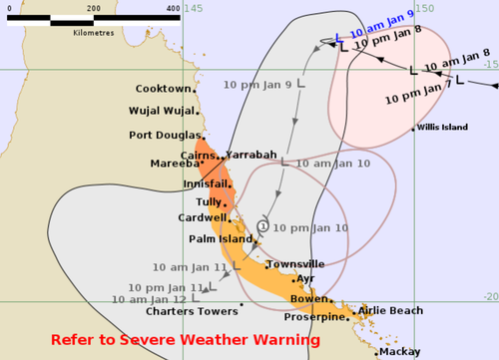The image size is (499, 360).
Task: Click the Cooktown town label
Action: tap(163, 89)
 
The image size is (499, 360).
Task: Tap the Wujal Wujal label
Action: tap(160, 111)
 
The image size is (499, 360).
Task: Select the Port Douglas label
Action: tap(162, 135)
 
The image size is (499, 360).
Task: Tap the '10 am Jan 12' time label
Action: tap(149, 299)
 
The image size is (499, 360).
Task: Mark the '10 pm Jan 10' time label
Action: tap(310, 228)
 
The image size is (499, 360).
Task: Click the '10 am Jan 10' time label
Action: tap(333, 163)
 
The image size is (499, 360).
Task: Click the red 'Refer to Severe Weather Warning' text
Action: tap(185, 340)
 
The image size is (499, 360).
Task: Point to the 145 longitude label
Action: tap(194, 8)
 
